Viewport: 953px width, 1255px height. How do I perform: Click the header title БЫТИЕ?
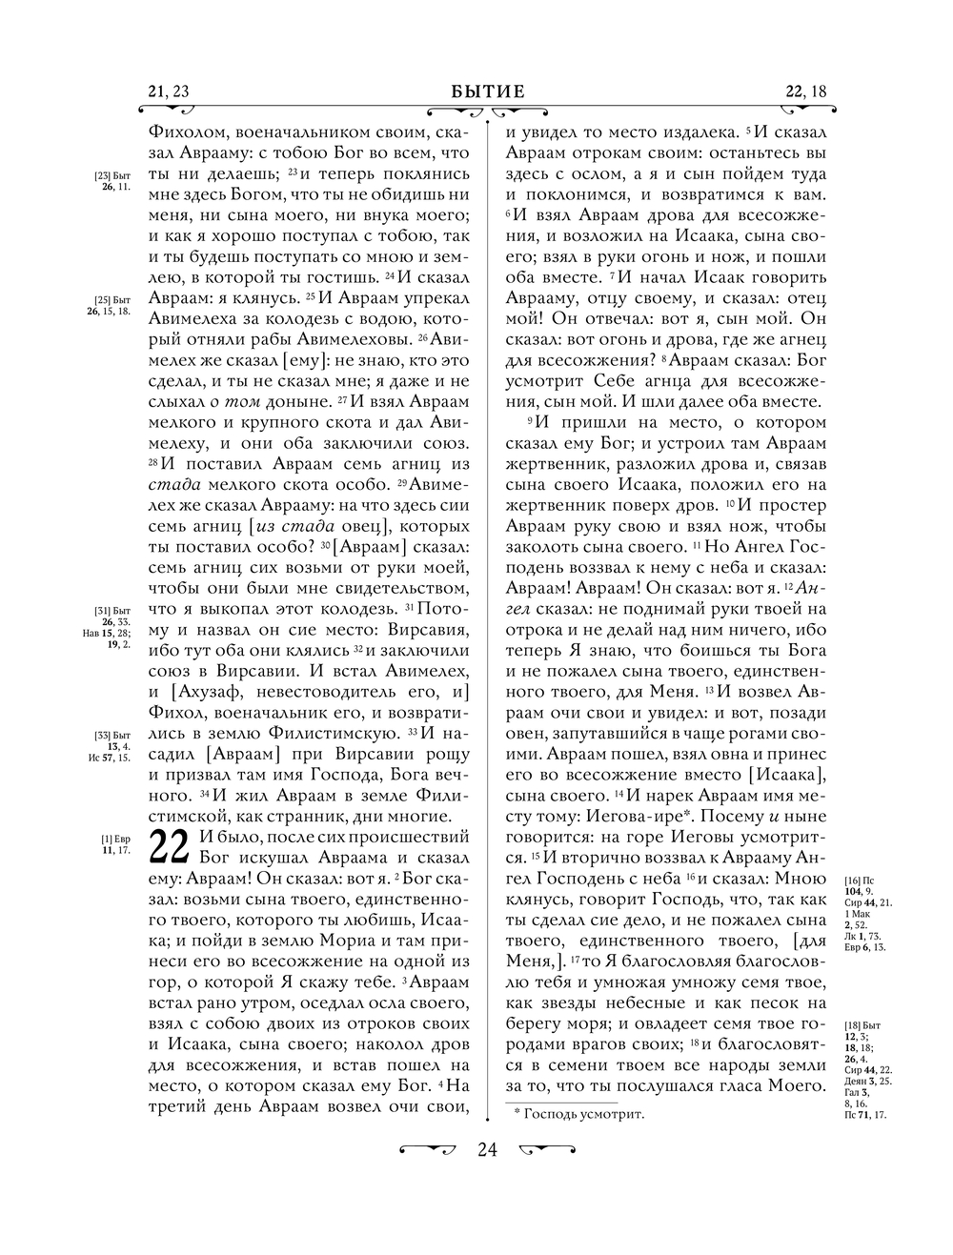[x=488, y=91]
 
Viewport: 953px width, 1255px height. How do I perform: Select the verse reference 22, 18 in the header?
[x=806, y=91]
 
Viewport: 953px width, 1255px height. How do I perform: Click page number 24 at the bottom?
[x=487, y=1149]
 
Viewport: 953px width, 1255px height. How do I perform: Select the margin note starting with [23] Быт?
[x=112, y=182]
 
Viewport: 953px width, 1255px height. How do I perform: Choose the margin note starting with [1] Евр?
[x=115, y=844]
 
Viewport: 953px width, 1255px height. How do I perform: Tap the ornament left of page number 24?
[x=426, y=1149]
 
